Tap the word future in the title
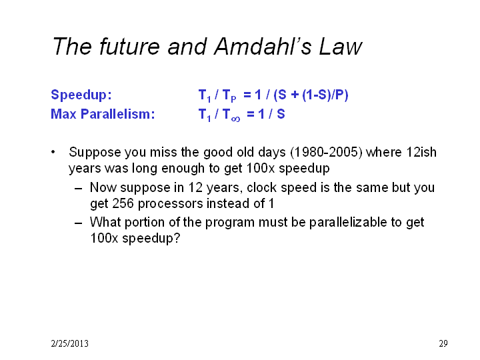pos(129,47)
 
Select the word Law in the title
pos(341,47)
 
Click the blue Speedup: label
pos(81,95)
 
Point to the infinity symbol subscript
pos(236,119)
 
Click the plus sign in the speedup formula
pos(295,95)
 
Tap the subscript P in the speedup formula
pos(233,99)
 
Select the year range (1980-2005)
pos(326,152)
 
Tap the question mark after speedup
pos(177,238)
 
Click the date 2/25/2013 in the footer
pos(70,343)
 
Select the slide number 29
pos(443,343)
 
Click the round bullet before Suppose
pos(53,152)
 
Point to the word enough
pos(183,169)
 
